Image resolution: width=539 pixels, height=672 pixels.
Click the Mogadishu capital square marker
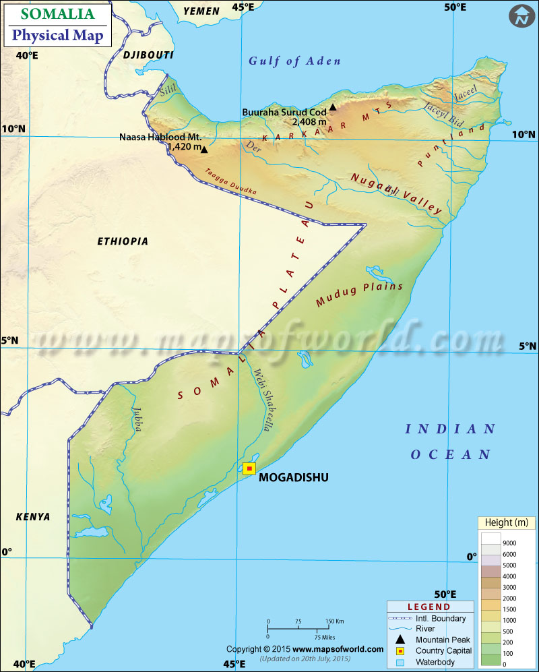(250, 468)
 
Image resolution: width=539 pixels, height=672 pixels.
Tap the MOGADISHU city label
(293, 478)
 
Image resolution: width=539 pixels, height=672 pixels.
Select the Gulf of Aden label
(294, 61)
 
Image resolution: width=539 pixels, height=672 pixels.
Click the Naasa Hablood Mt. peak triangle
(205, 149)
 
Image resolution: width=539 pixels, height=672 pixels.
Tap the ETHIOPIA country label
(122, 241)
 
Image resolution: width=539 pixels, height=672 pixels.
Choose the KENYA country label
(33, 517)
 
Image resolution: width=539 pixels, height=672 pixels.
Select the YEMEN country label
(201, 11)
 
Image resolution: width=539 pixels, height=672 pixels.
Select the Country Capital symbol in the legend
(400, 650)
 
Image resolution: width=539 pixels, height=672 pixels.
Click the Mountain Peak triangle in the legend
(400, 639)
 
